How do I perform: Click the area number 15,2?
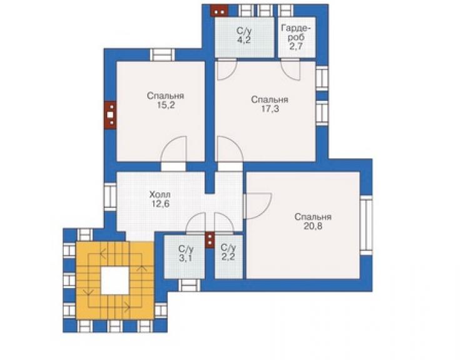point(166,105)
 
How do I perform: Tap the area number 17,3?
point(270,109)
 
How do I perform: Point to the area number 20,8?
point(313,226)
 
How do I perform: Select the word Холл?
point(160,195)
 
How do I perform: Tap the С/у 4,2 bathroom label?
point(244,36)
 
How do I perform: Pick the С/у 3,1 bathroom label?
point(186,254)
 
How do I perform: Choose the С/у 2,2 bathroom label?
point(228,252)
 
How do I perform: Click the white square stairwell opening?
point(115,280)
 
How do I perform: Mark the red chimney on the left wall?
point(110,115)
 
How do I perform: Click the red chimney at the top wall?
point(219,11)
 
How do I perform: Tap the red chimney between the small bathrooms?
point(210,240)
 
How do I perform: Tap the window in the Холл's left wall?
point(111,196)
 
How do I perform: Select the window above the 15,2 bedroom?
point(163,55)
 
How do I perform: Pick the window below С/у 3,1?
point(190,285)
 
